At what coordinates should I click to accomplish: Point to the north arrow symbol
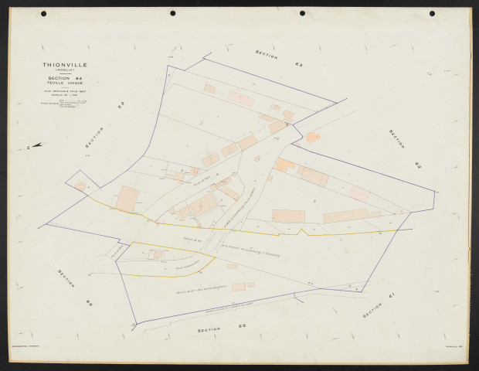(x=36, y=145)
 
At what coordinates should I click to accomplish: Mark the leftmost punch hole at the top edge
(x=43, y=14)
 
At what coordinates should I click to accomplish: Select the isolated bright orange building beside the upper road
(x=312, y=138)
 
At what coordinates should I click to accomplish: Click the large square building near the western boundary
(x=127, y=199)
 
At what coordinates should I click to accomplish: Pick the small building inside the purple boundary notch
(x=80, y=186)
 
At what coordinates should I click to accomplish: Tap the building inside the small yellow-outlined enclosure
(x=158, y=254)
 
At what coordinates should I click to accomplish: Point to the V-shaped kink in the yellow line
(x=304, y=230)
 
